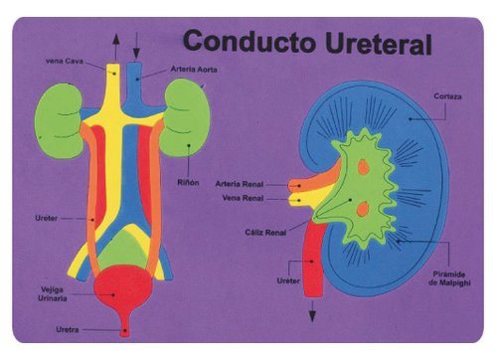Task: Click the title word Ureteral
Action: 374,43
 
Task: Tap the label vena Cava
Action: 64,61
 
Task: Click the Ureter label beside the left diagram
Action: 46,216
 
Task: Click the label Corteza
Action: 446,96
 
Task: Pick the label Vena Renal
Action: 245,197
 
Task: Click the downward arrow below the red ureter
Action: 312,311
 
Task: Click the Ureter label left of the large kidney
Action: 288,281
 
